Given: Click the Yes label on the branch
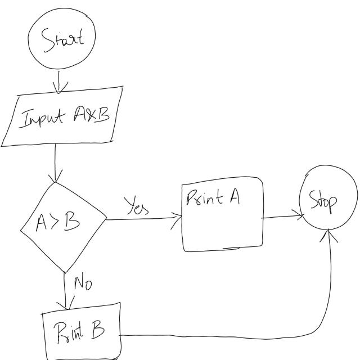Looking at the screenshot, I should [136, 206].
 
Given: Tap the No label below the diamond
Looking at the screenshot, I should [82, 282].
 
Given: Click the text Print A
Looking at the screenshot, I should [212, 197].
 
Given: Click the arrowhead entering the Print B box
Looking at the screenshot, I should [69, 305].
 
